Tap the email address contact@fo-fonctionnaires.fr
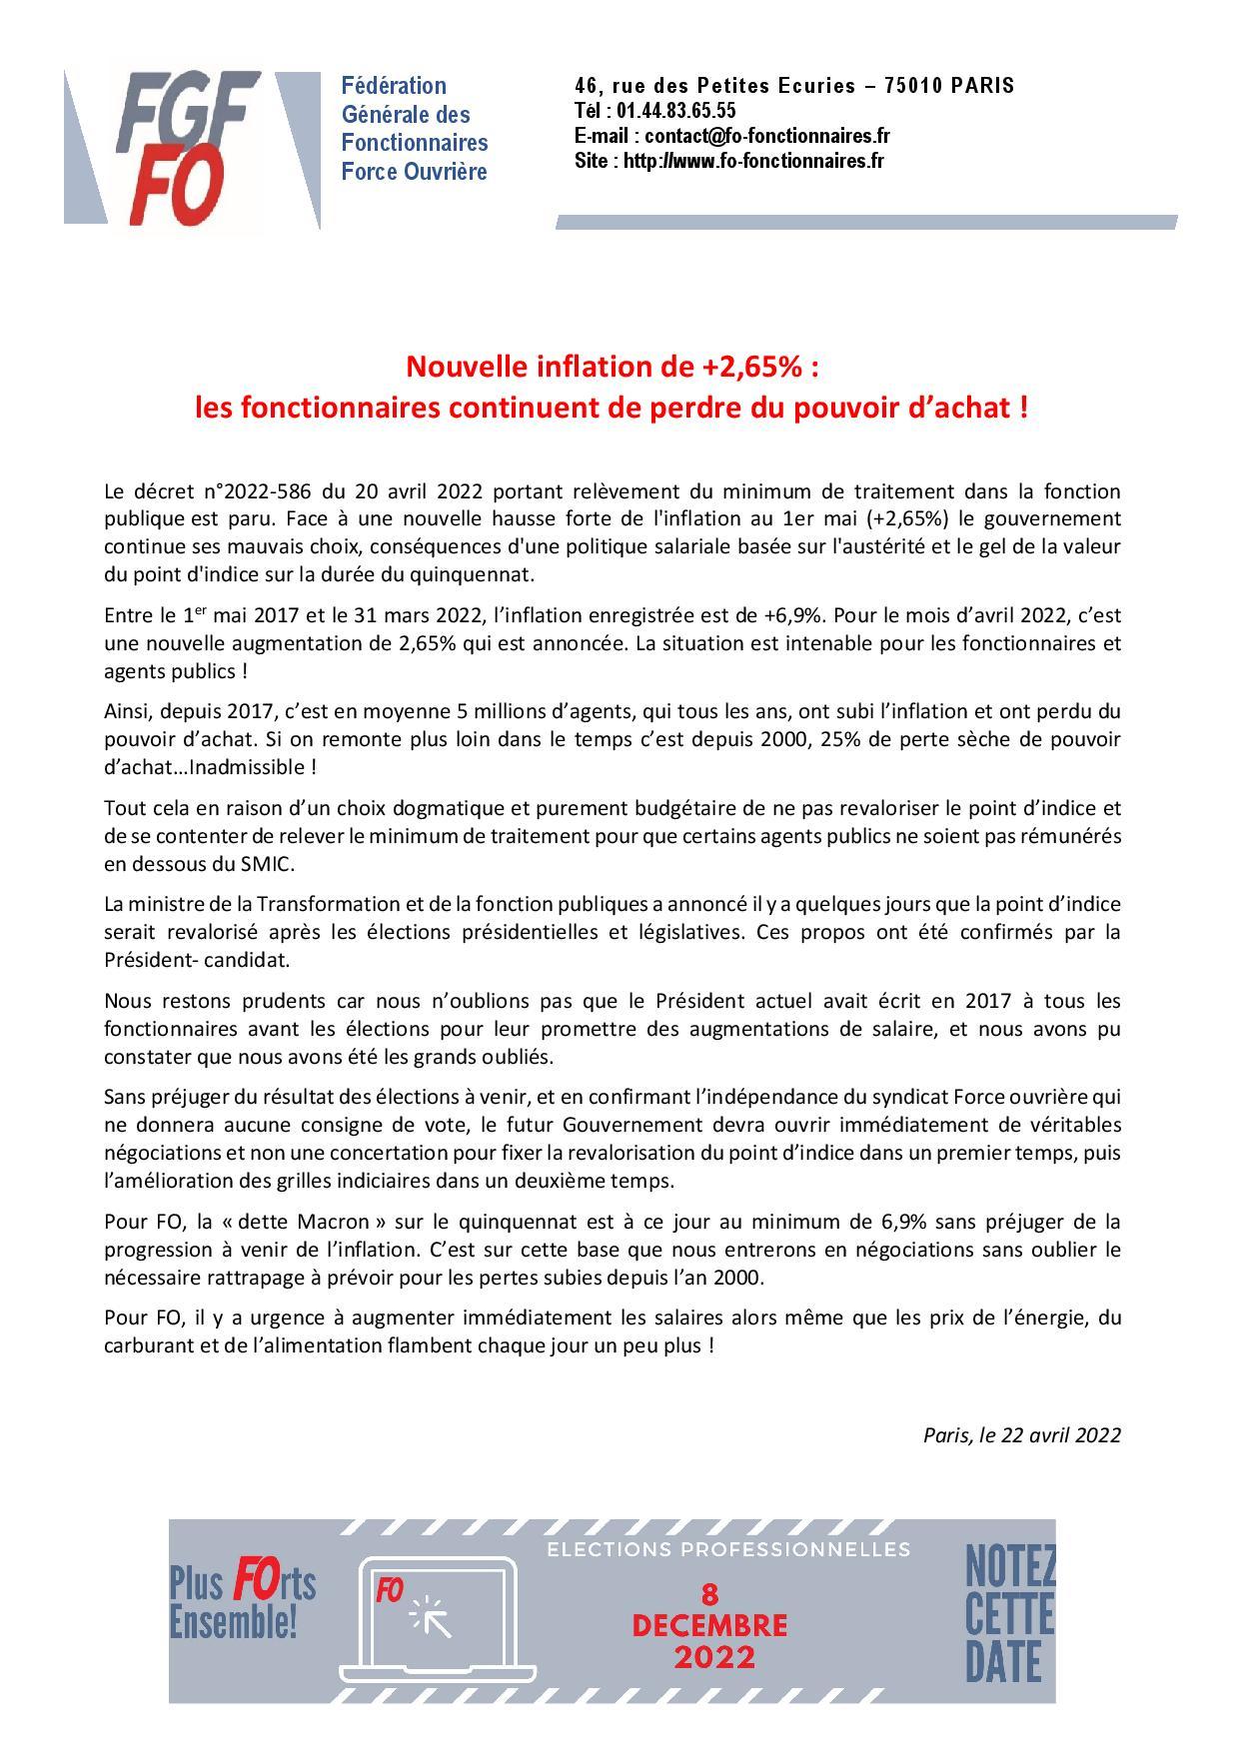point(766,136)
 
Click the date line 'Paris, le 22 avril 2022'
point(1021,1434)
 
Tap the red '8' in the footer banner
point(710,1594)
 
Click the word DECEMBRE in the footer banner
point(709,1625)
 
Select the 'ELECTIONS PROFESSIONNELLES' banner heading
point(728,1549)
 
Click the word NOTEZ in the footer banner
point(1010,1569)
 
